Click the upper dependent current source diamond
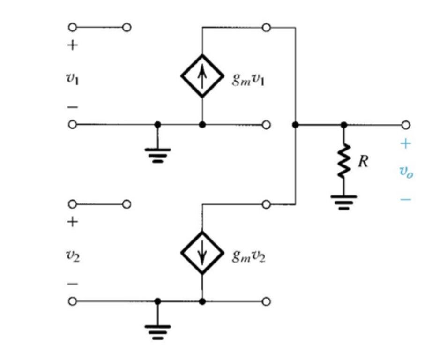[202, 76]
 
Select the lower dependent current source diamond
[202, 253]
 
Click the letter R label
[363, 161]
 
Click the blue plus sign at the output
[405, 143]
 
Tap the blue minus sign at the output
[405, 199]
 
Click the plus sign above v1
[72, 45]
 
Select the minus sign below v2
[72, 284]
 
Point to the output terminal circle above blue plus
[406, 125]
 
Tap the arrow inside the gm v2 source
[202, 253]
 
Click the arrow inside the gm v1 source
[202, 76]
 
